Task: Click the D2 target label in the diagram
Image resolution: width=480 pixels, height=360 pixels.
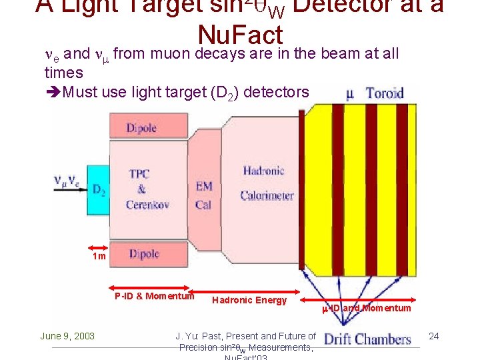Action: click(99, 190)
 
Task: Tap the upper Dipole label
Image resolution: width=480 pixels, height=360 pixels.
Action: click(141, 128)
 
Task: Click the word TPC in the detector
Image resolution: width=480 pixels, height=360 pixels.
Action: click(139, 174)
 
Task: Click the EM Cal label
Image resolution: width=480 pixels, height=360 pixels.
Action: click(204, 195)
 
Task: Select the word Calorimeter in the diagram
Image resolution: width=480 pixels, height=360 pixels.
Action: click(267, 195)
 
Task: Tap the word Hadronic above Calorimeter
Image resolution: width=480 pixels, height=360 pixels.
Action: click(263, 171)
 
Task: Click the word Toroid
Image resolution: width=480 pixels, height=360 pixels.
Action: click(385, 93)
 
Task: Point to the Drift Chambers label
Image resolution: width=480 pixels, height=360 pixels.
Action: click(367, 339)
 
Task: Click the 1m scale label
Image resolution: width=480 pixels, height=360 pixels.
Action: click(98, 255)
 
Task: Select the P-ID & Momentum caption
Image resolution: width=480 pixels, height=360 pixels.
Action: click(153, 296)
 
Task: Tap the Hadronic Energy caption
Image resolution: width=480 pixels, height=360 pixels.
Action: click(249, 300)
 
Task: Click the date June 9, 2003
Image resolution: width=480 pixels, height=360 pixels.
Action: click(67, 336)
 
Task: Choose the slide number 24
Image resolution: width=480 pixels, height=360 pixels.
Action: click(434, 335)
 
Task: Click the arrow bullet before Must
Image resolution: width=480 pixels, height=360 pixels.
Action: click(53, 91)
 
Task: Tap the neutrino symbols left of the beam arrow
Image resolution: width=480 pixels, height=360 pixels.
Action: click(66, 181)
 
